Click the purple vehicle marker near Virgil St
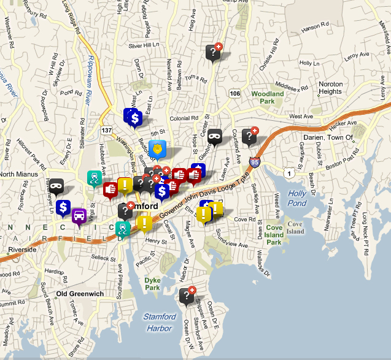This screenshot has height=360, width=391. tap(79, 216)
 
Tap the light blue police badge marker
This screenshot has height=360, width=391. tap(157, 148)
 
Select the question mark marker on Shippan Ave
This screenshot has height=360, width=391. tap(187, 296)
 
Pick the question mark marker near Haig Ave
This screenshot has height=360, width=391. tap(212, 53)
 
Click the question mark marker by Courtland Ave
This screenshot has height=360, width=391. tap(249, 136)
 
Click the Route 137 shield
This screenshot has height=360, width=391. tap(107, 131)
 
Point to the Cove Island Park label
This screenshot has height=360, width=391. tap(274, 235)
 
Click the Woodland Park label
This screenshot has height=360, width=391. tap(268, 98)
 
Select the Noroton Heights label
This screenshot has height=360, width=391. tap(330, 88)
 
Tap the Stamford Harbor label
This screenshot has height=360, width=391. tap(160, 321)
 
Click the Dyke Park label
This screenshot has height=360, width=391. tap(152, 283)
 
